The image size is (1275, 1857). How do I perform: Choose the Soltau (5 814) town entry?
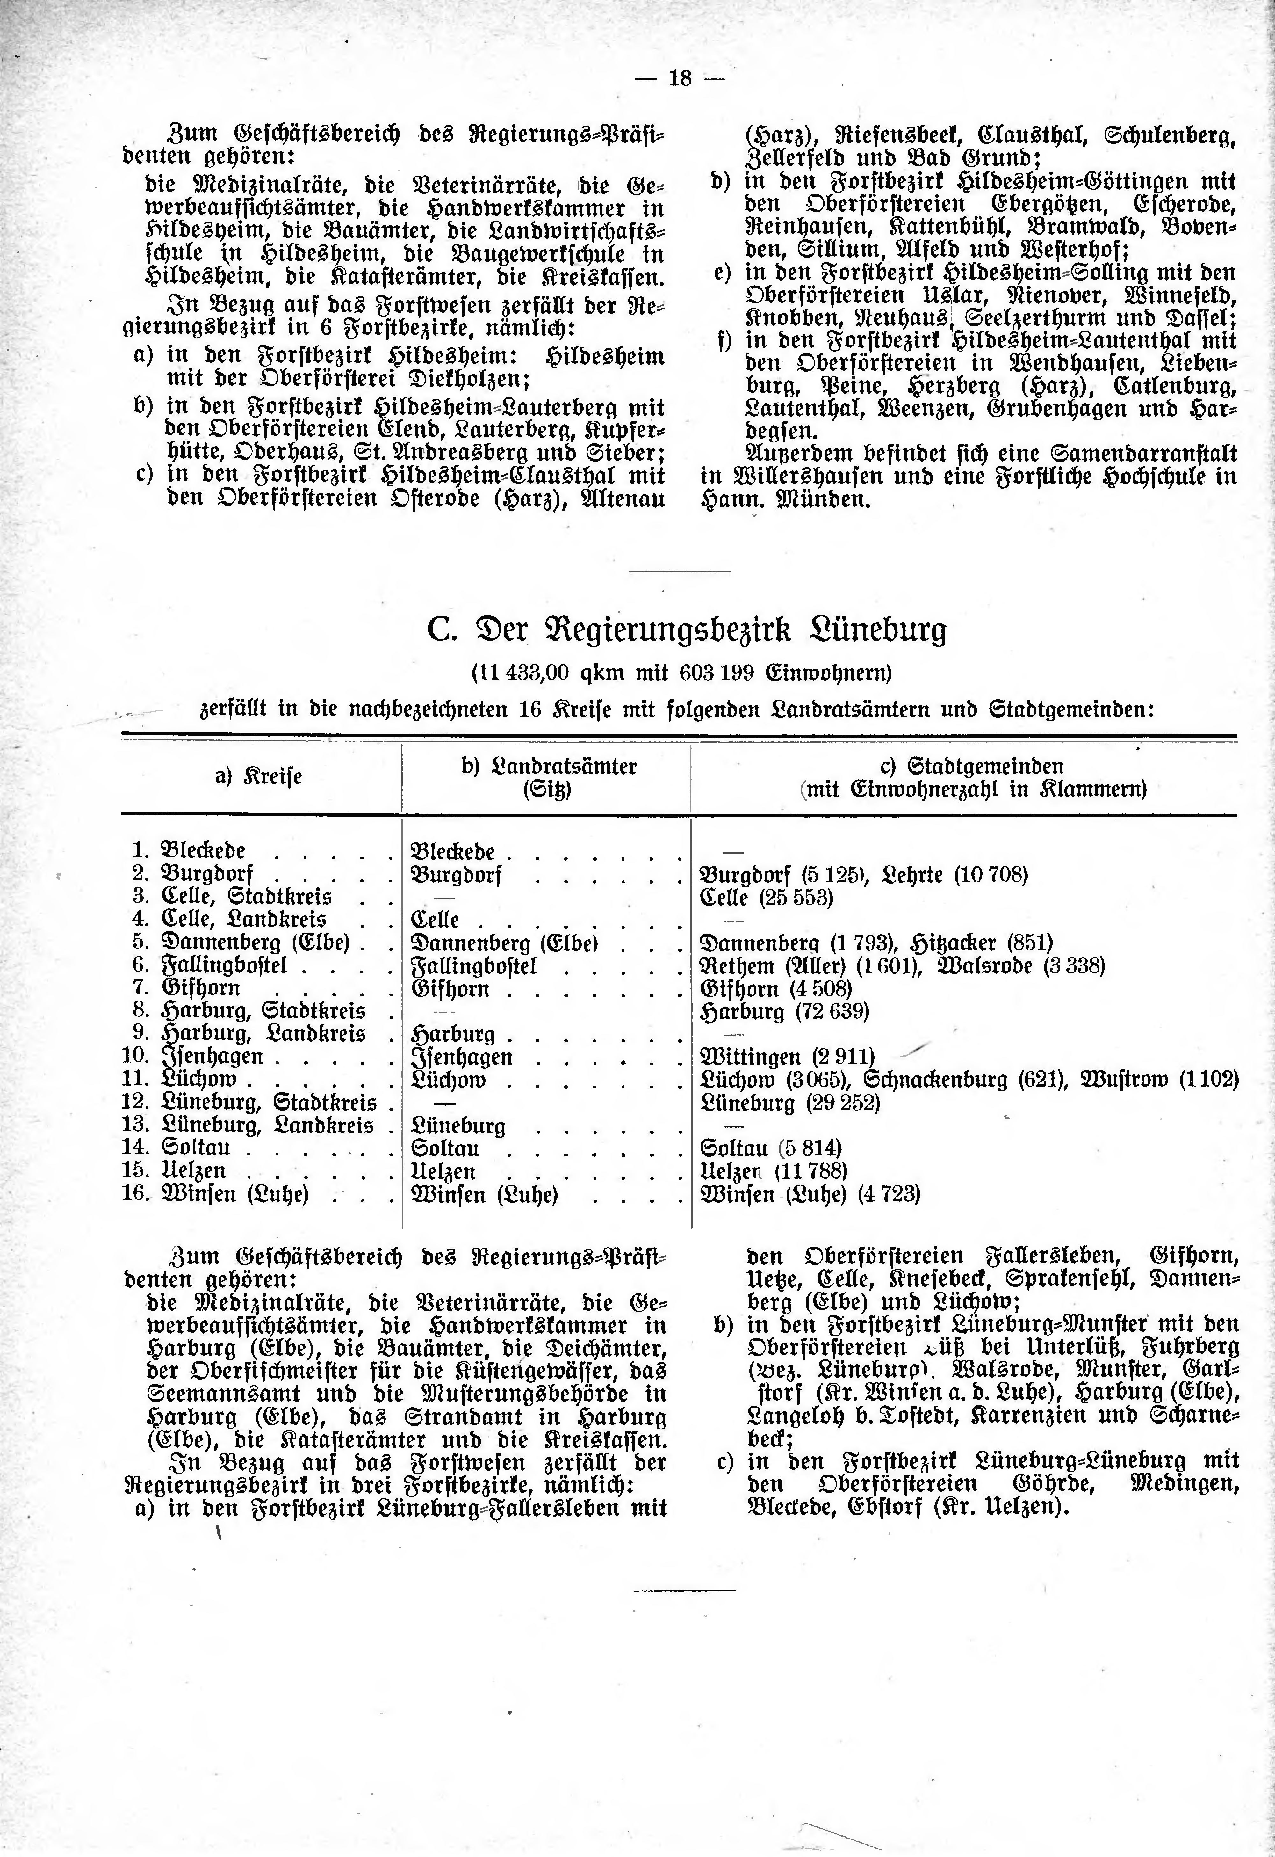(770, 1148)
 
